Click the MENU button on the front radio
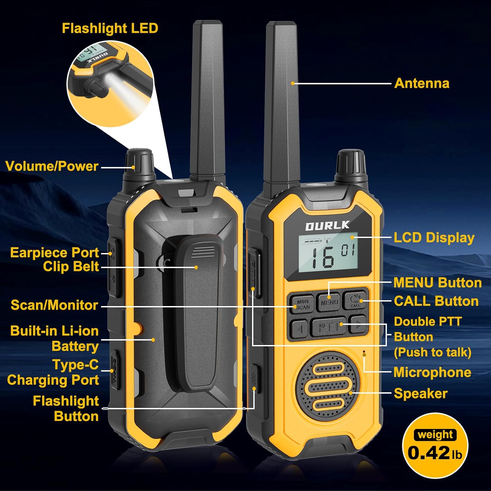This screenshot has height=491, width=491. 329,301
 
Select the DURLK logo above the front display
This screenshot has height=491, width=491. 327,226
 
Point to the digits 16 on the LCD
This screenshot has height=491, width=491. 323,258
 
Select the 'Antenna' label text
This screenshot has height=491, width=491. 422,83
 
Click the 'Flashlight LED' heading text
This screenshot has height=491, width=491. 110,28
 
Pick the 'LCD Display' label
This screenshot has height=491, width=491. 434,238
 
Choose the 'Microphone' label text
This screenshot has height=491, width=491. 432,372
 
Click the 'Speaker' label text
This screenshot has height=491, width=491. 421,393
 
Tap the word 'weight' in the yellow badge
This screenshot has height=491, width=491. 435,435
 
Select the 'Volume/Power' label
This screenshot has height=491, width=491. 52,166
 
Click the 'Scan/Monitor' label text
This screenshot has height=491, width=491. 54,305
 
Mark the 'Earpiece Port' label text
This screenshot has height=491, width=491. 54,253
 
